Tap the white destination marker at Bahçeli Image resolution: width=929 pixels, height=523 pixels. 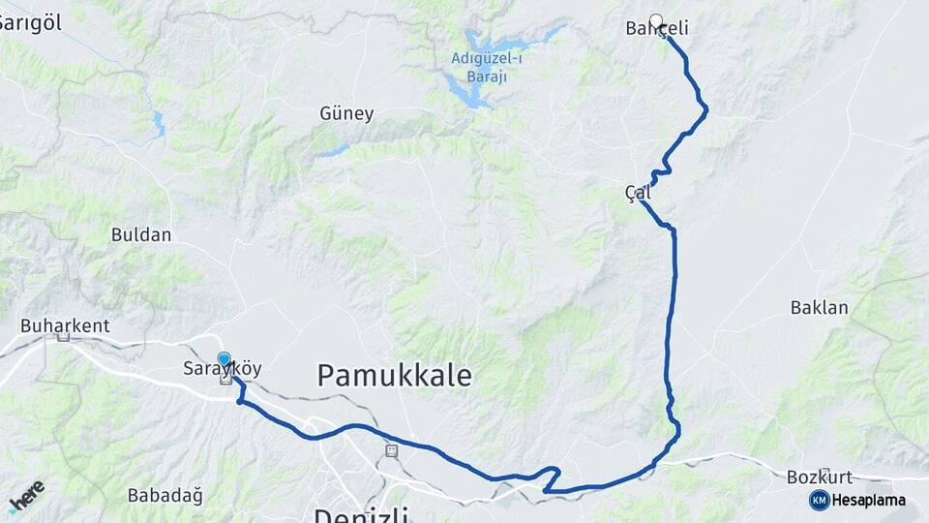[656, 20]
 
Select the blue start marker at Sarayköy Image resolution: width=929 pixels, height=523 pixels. [225, 359]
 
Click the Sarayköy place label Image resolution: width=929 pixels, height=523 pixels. [223, 369]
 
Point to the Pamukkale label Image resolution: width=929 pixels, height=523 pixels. [395, 375]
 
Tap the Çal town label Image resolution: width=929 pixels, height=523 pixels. [638, 193]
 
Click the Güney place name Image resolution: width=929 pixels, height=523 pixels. [346, 113]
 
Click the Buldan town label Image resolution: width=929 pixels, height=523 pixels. [141, 234]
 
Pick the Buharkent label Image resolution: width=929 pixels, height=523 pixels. [65, 325]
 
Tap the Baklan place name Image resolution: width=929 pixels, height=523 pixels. [820, 308]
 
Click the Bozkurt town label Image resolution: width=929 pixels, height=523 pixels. [812, 477]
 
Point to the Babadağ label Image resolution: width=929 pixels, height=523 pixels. [165, 496]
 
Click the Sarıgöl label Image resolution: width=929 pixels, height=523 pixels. [24, 23]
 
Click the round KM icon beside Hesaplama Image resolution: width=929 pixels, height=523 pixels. [820, 500]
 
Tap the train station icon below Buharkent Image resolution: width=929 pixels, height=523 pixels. [64, 337]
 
